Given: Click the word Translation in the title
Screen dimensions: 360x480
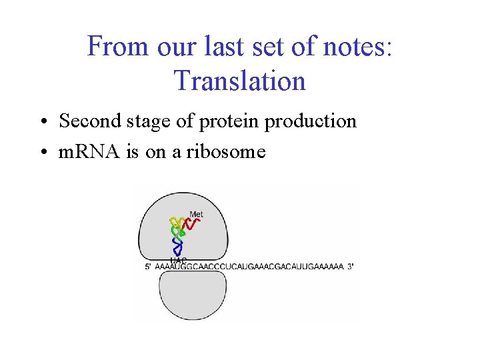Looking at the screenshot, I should point(239,81).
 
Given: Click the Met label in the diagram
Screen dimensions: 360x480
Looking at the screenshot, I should point(196,215).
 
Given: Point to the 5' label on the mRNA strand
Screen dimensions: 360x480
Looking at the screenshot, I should point(148,267).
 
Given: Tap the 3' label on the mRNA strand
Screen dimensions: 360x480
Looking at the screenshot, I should point(351,267).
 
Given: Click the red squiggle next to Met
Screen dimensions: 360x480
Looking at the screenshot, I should point(191,225).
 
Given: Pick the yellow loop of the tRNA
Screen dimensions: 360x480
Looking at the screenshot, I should point(176,222).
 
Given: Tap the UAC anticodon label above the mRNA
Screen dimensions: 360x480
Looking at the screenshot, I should point(179,259).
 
